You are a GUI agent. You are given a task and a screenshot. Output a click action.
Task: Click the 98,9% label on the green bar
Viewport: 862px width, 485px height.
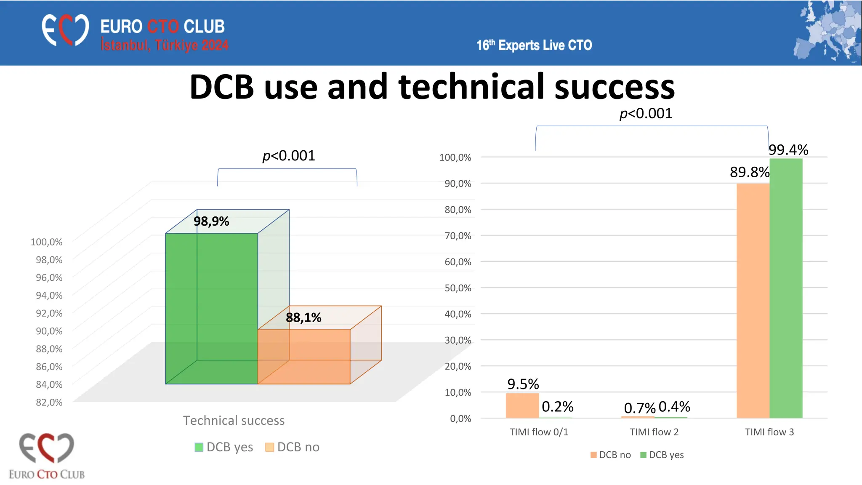click(211, 221)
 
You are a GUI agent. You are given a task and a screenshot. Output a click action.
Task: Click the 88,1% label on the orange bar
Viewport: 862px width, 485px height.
click(303, 317)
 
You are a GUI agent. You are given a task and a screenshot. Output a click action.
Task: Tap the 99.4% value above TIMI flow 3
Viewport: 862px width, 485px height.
click(788, 150)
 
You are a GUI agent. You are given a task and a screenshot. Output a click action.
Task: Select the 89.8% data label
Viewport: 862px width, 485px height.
click(749, 172)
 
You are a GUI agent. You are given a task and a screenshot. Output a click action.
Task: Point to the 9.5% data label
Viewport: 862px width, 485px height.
click(523, 384)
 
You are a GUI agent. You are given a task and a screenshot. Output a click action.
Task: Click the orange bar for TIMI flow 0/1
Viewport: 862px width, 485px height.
click(522, 405)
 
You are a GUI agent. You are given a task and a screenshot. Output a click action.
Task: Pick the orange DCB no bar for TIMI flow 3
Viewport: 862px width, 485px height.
click(753, 301)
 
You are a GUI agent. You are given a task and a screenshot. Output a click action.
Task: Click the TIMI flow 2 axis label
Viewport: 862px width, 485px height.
click(654, 432)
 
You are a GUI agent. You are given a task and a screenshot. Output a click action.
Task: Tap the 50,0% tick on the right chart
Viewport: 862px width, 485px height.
click(458, 288)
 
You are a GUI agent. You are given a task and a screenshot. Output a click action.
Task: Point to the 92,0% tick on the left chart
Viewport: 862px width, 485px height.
click(49, 313)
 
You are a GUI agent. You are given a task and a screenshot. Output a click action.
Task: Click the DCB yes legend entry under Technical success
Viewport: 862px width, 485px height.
click(224, 447)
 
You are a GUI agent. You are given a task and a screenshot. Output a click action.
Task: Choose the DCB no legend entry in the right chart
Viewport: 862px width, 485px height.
click(611, 455)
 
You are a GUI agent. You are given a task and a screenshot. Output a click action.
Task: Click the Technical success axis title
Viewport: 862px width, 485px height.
click(234, 421)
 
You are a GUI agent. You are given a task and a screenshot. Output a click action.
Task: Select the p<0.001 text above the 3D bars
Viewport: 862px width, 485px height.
click(289, 156)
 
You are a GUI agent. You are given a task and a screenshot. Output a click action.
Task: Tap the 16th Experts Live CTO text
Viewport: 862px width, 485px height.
click(534, 45)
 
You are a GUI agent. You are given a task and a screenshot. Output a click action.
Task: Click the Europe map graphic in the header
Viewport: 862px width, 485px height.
click(827, 32)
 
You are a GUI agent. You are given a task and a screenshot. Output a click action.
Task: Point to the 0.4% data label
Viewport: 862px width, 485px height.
click(674, 407)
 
